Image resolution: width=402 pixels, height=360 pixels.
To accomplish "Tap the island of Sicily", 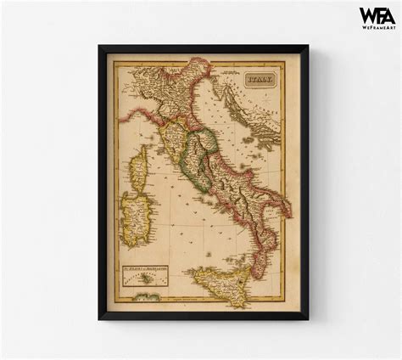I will (x=221, y=279).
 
